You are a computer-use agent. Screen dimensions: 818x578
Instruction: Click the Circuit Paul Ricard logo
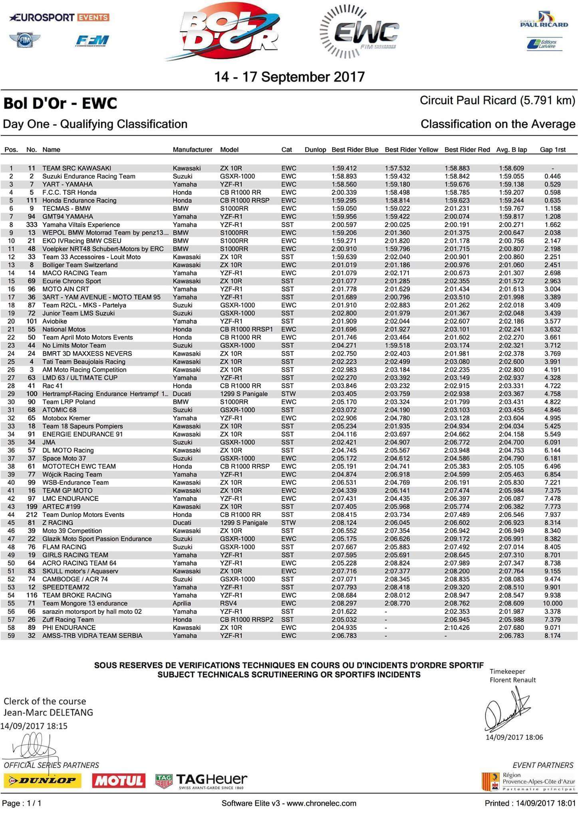[x=544, y=20]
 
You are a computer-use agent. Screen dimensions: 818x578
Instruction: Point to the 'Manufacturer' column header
[x=193, y=150]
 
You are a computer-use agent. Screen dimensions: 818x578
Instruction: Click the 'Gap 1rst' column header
[x=553, y=150]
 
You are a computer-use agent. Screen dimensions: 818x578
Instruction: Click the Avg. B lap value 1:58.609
[x=511, y=169]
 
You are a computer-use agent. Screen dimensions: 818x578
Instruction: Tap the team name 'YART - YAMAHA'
[x=67, y=185]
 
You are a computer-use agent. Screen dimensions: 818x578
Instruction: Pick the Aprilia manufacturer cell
[x=182, y=604]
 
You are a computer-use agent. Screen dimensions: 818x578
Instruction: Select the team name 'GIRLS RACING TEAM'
[x=75, y=555]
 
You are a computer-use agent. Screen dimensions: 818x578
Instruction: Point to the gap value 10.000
[x=552, y=604]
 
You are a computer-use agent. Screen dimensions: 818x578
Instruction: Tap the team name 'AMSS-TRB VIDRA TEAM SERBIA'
[x=92, y=636]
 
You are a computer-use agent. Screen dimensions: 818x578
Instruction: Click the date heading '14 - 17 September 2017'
[x=290, y=77]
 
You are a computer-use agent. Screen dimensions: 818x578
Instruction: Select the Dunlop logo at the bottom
[x=42, y=780]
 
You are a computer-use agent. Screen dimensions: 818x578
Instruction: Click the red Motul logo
[x=119, y=780]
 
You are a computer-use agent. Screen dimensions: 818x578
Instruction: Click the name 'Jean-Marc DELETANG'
[x=48, y=713]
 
